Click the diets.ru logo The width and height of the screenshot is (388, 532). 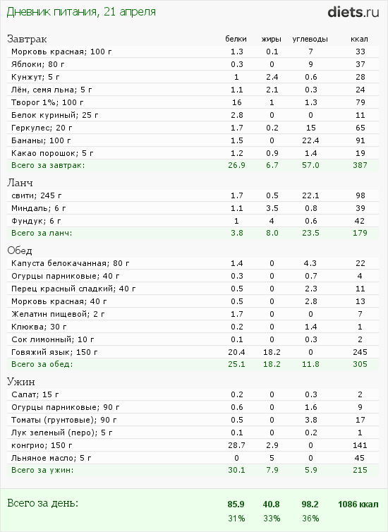[353, 12]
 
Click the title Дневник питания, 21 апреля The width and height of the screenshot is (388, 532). [81, 12]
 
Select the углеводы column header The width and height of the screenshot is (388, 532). [310, 39]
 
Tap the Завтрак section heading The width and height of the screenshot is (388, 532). [27, 39]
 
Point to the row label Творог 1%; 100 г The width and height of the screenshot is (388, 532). [47, 102]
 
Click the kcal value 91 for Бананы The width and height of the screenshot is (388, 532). [360, 140]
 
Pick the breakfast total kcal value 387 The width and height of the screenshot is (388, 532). [360, 165]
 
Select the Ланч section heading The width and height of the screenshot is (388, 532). [20, 183]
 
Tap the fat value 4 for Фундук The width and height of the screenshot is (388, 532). [272, 221]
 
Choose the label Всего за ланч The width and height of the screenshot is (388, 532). [42, 233]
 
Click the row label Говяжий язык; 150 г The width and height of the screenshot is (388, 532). [54, 352]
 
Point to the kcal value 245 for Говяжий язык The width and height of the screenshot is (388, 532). [360, 352]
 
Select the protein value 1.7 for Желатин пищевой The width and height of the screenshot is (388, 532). [237, 314]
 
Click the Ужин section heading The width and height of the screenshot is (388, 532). [21, 382]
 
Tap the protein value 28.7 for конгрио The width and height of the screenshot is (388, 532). [236, 445]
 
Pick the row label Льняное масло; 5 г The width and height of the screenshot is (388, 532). [51, 458]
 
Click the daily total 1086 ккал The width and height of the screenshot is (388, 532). [358, 504]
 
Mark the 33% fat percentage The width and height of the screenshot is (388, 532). [272, 519]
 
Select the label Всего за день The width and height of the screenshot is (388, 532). [43, 503]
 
